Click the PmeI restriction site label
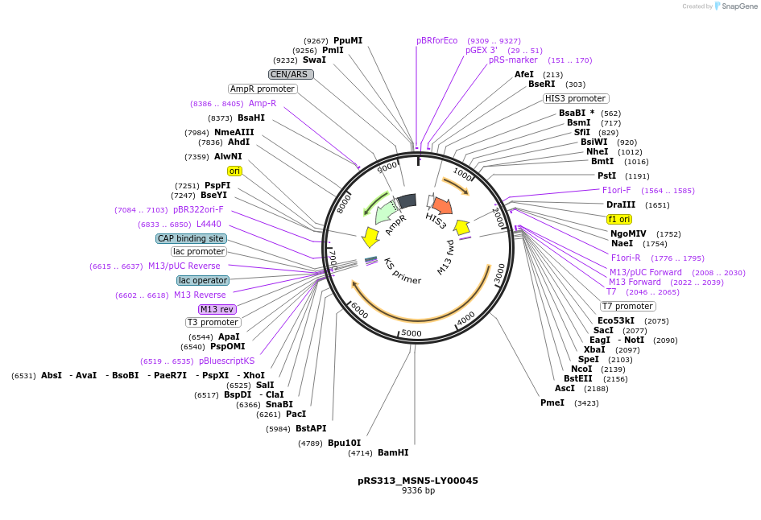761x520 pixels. (552, 402)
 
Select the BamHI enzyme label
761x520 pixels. (393, 452)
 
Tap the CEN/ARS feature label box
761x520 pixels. (291, 74)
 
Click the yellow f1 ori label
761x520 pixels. (619, 219)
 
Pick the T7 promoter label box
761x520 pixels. (628, 306)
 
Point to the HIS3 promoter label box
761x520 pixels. (575, 98)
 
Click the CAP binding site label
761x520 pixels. (191, 238)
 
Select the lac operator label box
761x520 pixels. (203, 280)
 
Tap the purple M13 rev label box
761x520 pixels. (217, 309)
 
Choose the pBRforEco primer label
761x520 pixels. (436, 40)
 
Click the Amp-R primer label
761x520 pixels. (263, 103)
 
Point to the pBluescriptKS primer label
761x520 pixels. (226, 361)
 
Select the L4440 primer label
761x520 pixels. (209, 224)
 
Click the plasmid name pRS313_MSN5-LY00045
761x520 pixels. (418, 481)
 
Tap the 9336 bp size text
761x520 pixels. (418, 490)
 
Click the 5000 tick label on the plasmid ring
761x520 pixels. (411, 333)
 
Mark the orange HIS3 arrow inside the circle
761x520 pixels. (441, 206)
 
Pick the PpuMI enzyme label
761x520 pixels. (348, 40)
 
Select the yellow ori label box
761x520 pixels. (234, 171)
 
